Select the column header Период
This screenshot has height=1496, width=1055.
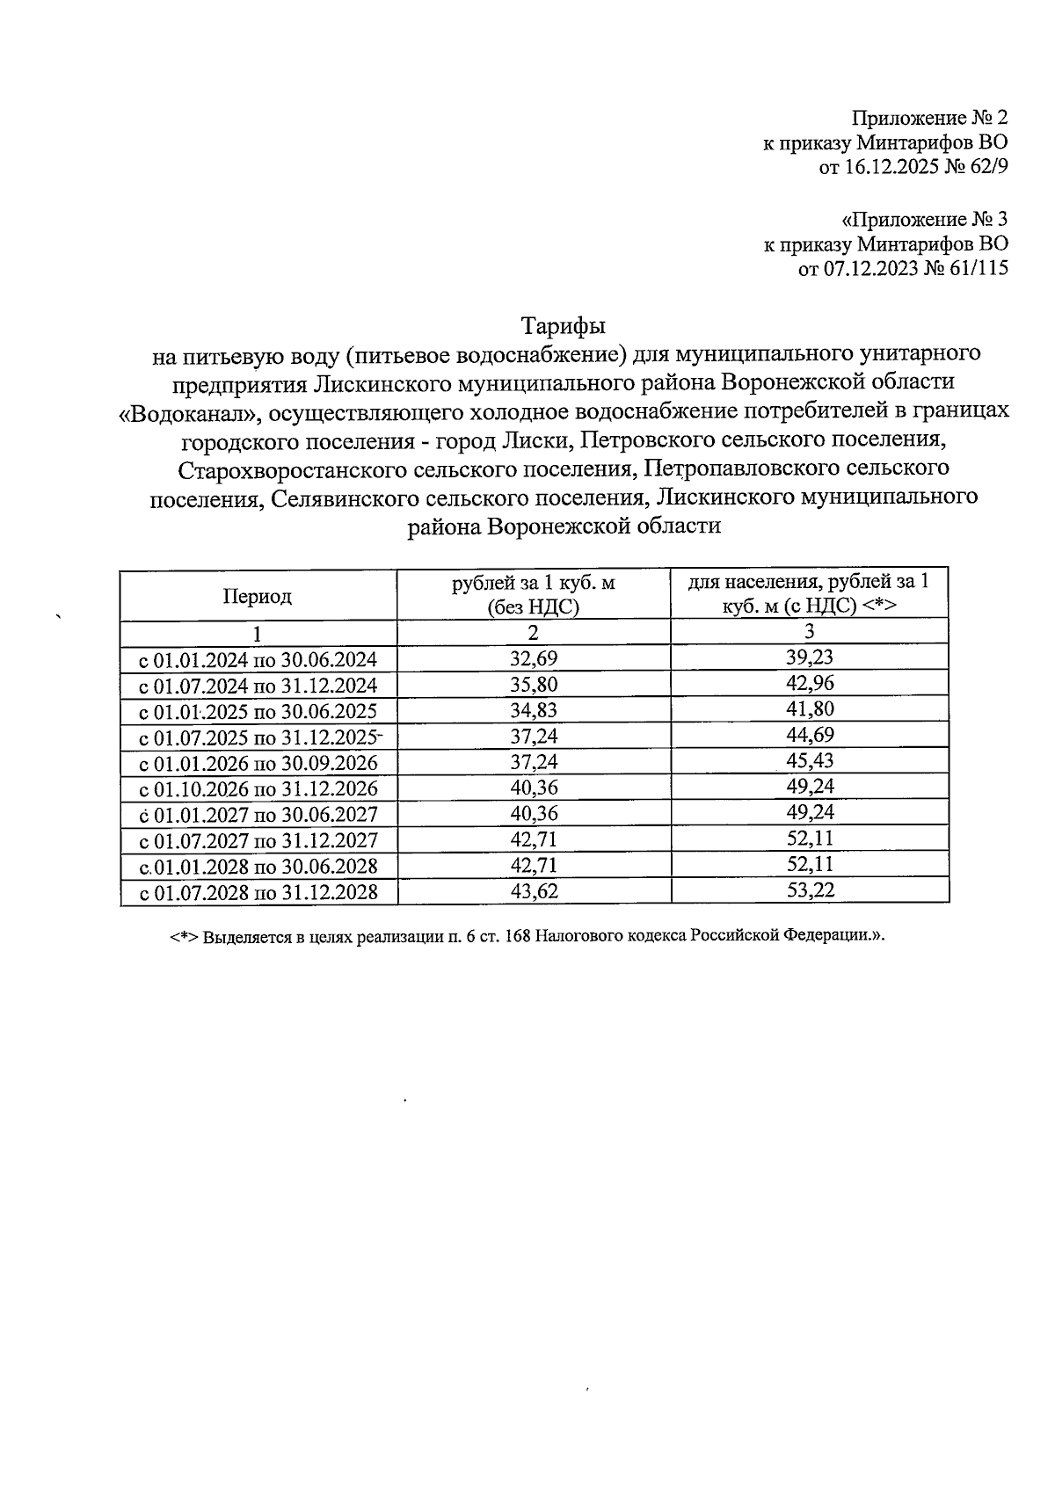pos(257,596)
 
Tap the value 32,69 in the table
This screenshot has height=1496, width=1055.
pos(534,658)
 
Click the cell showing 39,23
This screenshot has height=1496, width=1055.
pos(810,658)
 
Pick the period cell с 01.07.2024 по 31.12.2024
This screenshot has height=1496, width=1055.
pos(259,685)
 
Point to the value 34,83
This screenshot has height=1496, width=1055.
pos(534,710)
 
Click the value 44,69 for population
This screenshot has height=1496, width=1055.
pos(810,735)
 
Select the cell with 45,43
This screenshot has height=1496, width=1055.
pos(810,761)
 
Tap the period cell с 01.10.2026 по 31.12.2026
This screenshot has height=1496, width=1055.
pos(259,788)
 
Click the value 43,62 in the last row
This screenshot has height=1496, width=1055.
pos(534,891)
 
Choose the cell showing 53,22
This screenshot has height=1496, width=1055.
pos(810,890)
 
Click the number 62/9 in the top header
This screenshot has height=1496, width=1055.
pos(987,168)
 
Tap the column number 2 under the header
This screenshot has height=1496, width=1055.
pos(534,633)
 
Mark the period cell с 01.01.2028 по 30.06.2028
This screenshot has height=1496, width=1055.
pos(259,867)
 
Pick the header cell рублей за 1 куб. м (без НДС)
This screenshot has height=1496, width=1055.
pos(534,595)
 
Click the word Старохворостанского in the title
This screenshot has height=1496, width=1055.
pos(293,469)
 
